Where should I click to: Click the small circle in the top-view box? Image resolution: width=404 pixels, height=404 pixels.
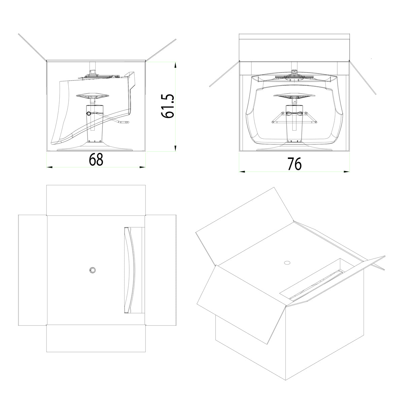coord(92,270)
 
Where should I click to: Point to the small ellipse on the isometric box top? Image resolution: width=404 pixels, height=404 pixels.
coord(287,263)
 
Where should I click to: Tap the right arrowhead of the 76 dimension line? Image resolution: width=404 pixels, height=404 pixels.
coord(346,172)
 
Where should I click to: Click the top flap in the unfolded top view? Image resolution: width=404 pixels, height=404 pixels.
coord(96,200)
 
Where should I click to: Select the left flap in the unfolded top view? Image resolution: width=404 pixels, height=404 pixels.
coord(33,270)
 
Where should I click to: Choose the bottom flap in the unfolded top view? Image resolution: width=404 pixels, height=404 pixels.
coord(96,338)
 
